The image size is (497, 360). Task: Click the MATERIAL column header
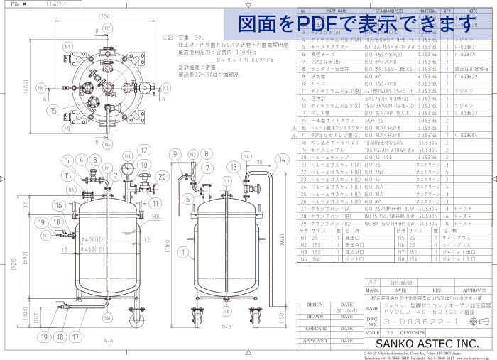click(427, 11)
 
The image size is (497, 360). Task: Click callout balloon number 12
click(144, 151)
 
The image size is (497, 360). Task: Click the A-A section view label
click(108, 341)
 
